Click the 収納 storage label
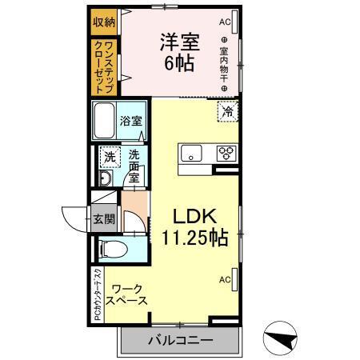(103, 22)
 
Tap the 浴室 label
(132, 122)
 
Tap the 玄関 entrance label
(102, 218)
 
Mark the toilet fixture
(112, 249)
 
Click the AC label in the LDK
(225, 278)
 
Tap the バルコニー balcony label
(179, 341)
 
